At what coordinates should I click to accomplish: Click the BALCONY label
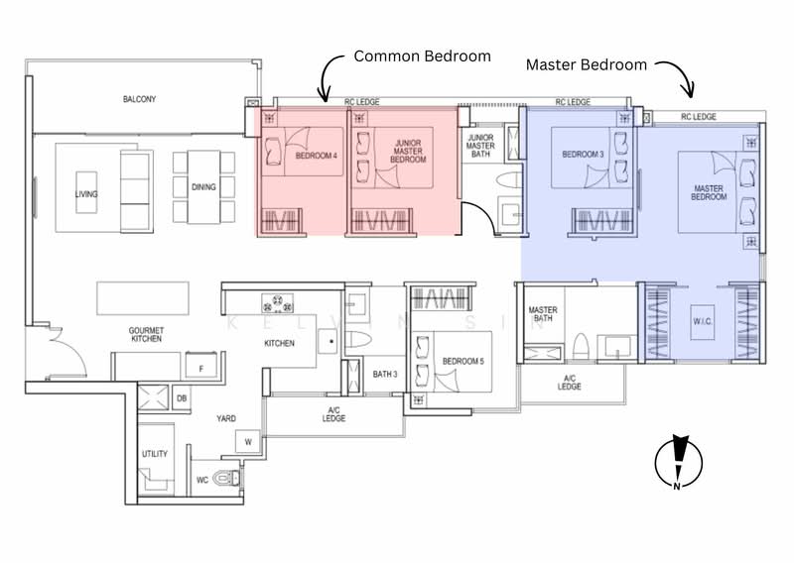(x=140, y=100)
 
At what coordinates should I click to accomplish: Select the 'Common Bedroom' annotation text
(x=422, y=56)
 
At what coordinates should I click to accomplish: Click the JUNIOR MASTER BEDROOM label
(x=407, y=152)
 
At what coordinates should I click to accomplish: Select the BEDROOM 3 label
(x=583, y=155)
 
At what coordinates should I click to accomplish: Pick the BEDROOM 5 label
(x=463, y=361)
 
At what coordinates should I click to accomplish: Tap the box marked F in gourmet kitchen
(x=202, y=368)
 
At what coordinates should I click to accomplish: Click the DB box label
(x=182, y=398)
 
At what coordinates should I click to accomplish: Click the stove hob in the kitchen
(x=274, y=302)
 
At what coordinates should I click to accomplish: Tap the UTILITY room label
(x=155, y=453)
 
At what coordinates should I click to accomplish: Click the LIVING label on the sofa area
(x=86, y=194)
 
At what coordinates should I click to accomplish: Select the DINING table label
(x=201, y=186)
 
